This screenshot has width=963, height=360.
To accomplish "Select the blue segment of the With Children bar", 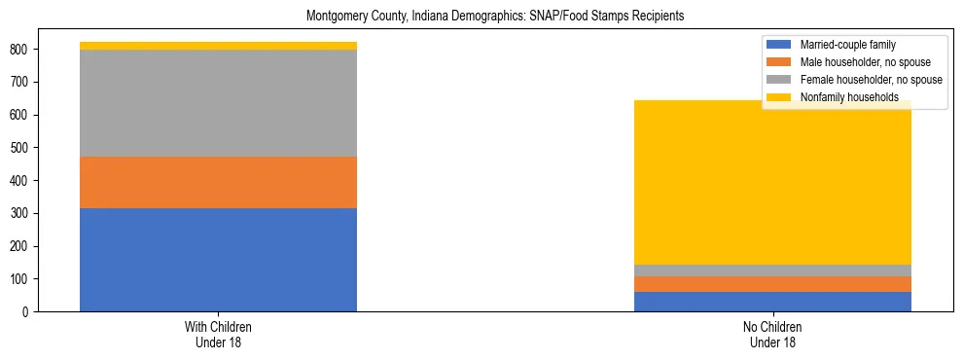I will (218, 260).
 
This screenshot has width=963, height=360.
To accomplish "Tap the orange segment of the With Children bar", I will (218, 182).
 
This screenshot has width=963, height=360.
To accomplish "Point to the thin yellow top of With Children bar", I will (218, 46).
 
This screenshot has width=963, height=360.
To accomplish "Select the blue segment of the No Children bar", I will (772, 302).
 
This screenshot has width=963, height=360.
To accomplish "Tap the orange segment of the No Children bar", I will (772, 284).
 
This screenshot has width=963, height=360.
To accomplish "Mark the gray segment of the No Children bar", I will (772, 270).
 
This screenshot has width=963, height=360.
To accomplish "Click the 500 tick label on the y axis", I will (23, 148).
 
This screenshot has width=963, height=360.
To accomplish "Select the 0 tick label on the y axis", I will (28, 312).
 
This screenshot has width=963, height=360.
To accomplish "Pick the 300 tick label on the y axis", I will (23, 213).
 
